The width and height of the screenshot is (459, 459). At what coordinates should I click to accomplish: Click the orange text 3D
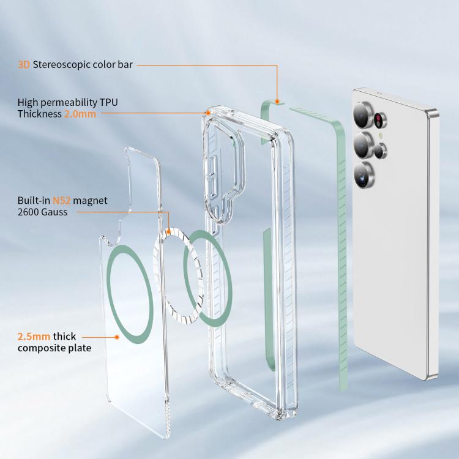24,64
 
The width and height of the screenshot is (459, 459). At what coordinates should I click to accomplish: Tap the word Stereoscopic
61,65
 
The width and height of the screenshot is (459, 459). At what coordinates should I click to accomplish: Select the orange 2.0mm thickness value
80,114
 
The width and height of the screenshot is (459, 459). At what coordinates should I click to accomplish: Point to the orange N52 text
61,201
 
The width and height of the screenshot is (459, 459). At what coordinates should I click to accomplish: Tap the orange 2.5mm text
34,337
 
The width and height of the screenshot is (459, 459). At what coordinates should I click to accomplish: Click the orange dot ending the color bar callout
277,102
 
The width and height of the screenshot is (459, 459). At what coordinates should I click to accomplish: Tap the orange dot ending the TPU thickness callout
208,113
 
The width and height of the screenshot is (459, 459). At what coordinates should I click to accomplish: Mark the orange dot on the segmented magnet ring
168,232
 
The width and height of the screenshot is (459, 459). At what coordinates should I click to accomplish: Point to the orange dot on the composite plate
117,337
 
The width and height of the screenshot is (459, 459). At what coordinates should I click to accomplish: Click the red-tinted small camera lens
379,120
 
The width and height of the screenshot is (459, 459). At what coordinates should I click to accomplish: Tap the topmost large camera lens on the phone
362,115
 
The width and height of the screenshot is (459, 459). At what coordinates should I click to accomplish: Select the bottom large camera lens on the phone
364,175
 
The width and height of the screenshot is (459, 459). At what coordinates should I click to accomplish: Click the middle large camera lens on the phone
363,145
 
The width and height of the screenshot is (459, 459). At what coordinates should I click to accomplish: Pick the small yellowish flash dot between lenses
381,135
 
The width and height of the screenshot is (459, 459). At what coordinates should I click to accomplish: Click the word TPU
108,102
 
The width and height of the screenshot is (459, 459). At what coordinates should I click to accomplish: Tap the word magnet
90,201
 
